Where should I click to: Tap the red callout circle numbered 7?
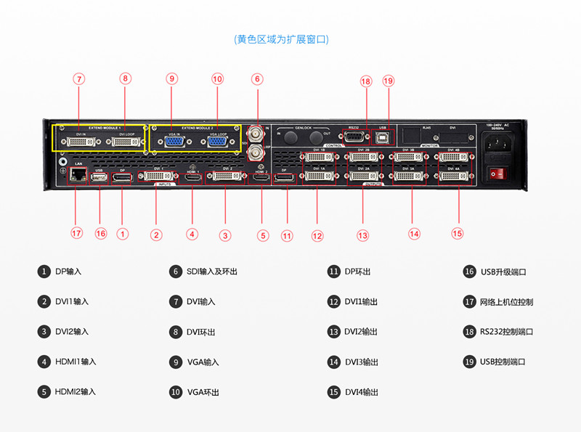[79, 78]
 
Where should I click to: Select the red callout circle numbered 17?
[77, 233]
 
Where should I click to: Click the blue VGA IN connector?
[174, 142]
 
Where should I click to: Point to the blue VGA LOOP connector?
[216, 142]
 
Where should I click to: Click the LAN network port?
[76, 176]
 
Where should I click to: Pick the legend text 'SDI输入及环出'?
[211, 272]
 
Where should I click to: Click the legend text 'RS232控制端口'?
[506, 332]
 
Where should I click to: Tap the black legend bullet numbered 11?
[333, 272]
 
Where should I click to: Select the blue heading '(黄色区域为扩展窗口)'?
[281, 39]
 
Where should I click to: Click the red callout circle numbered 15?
[457, 233]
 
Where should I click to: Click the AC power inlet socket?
[498, 144]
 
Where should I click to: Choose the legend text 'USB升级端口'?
[504, 272]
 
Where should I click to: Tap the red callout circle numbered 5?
[263, 235]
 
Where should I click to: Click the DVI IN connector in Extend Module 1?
[80, 142]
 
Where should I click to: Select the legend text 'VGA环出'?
[203, 392]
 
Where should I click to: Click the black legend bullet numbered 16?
[469, 272]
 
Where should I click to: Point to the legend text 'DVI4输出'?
[361, 392]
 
